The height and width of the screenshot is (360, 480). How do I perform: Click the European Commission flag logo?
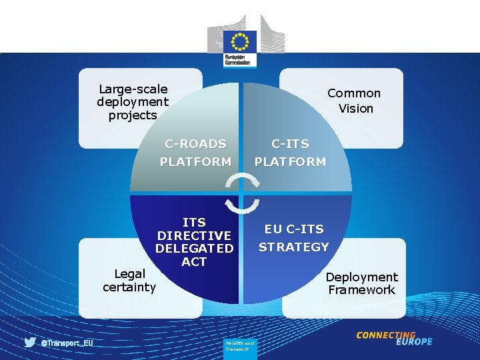240,42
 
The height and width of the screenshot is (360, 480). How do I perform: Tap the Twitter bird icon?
30,342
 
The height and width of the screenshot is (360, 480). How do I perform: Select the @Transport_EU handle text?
67,343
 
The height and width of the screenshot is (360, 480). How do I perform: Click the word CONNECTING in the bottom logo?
386,335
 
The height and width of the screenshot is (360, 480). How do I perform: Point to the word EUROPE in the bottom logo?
414,342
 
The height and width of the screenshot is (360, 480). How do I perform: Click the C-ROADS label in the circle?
195,143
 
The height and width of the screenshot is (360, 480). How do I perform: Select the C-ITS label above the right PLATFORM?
290,143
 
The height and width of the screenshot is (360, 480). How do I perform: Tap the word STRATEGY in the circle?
293,247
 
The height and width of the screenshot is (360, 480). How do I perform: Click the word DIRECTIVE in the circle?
194,235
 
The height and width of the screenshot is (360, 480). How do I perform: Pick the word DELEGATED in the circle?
194,249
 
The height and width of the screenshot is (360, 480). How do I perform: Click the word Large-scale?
133,89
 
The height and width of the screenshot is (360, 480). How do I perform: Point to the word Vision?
355,108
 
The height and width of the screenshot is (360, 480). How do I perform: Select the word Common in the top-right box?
354,93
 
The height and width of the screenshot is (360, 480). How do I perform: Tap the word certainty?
129,287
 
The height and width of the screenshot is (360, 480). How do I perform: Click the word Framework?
361,290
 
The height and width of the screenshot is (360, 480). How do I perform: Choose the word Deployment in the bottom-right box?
361,277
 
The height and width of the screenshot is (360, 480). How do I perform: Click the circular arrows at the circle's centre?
240,193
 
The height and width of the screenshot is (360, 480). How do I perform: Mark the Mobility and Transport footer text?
237,346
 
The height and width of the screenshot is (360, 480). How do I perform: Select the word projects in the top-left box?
133,115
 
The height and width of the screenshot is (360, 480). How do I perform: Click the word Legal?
129,274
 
